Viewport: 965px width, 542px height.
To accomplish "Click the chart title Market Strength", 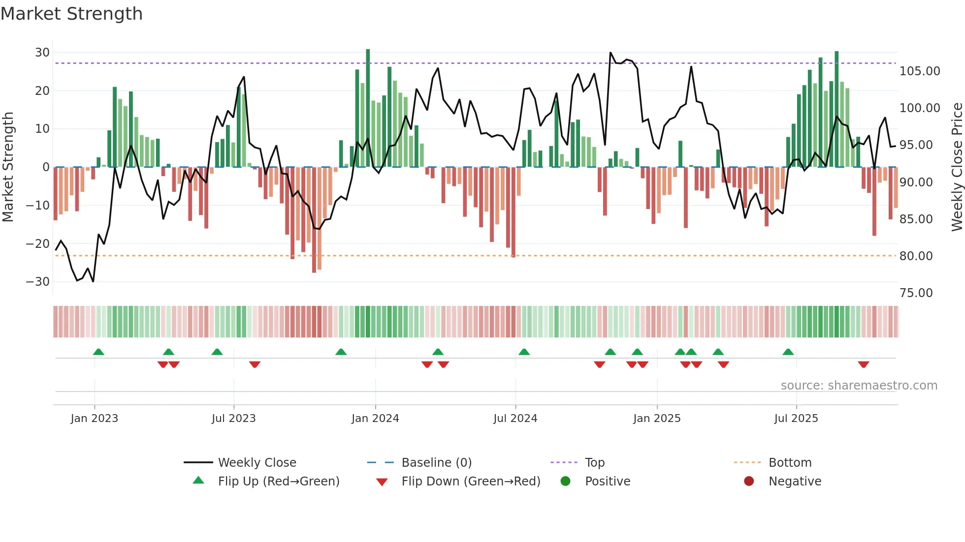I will [71, 14].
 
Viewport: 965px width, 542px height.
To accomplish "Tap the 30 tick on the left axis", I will [42, 53].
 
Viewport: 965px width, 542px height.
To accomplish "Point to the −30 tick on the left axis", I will [38, 282].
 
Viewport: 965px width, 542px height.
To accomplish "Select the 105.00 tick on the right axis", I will [919, 71].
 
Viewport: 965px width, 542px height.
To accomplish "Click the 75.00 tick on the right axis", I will [916, 293].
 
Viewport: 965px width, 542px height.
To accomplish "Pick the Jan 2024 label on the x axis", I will [375, 419].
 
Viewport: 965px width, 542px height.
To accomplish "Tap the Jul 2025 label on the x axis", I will [796, 419].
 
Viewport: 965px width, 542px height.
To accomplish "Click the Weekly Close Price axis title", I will [957, 167].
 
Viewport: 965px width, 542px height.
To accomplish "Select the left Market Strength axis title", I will [8, 167].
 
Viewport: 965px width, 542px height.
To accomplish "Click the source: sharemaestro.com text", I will [859, 386].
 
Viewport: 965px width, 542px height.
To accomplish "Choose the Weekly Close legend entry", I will [257, 463].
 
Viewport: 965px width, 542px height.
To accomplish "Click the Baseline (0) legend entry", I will [436, 463].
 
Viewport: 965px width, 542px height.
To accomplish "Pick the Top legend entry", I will [594, 463].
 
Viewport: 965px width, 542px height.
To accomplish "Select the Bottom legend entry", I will [790, 463].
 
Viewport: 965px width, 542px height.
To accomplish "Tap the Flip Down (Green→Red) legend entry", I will [470, 482].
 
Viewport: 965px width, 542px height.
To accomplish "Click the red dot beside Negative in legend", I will [748, 482].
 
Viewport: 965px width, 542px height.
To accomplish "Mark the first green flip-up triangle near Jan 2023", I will [98, 352].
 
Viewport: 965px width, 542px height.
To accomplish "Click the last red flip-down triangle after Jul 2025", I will [863, 364].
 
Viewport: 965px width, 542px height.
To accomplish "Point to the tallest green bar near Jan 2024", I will [368, 108].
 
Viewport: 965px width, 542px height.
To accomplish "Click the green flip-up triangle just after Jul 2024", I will [524, 352].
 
